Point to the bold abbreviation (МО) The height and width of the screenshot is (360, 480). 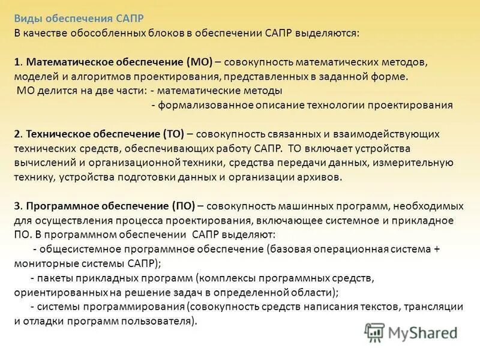coord(198,63)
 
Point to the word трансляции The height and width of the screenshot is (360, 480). coord(437,306)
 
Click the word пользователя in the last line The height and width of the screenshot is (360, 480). coord(162,320)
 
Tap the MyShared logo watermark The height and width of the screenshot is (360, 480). coord(410,331)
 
